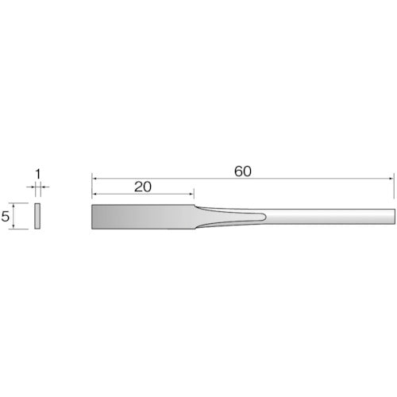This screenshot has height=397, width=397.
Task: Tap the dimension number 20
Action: click(142, 187)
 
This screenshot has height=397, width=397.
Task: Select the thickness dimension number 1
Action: click(37, 172)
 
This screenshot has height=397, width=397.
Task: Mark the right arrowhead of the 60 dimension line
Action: click(391, 179)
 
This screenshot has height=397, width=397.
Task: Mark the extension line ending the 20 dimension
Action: click(193, 198)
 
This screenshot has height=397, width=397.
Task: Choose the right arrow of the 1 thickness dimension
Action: click(42, 187)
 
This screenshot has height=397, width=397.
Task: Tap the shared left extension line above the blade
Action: click(91, 191)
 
